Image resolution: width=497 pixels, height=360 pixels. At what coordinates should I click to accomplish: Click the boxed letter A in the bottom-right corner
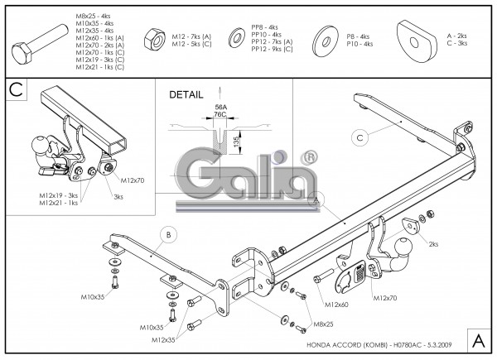tap(480, 339)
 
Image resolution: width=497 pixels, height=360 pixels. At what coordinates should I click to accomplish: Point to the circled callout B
tap(168, 235)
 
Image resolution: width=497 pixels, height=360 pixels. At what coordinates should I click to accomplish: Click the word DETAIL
tap(186, 94)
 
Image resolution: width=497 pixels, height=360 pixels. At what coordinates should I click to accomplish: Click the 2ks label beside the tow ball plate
tap(434, 245)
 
